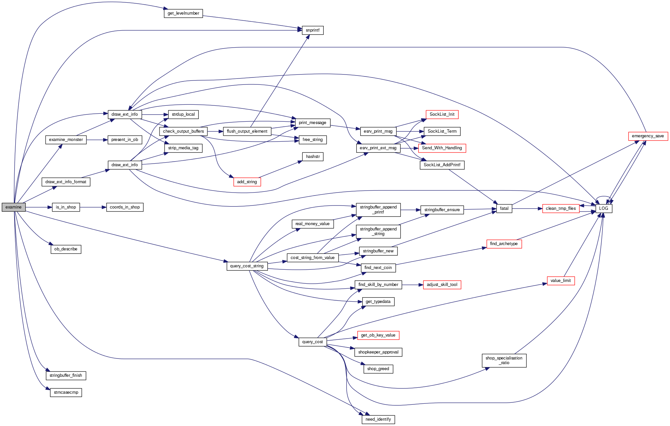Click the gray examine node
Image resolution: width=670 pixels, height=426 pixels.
pyautogui.click(x=13, y=207)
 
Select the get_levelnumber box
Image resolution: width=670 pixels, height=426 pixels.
pyautogui.click(x=183, y=13)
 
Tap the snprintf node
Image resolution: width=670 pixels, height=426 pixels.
pyautogui.click(x=312, y=30)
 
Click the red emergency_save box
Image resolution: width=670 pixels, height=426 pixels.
pyautogui.click(x=648, y=136)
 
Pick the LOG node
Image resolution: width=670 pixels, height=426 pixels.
pyautogui.click(x=604, y=209)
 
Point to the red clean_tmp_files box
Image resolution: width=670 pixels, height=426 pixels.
pyautogui.click(x=561, y=209)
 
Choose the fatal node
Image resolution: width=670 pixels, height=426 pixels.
pyautogui.click(x=504, y=209)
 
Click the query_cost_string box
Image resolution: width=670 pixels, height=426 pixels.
pyautogui.click(x=247, y=266)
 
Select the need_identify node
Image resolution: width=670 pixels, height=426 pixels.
pyautogui.click(x=378, y=419)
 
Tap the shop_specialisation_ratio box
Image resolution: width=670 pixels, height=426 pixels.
pyautogui.click(x=504, y=360)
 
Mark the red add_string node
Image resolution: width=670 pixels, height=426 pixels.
pyautogui.click(x=247, y=182)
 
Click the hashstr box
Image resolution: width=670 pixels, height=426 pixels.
pyautogui.click(x=313, y=157)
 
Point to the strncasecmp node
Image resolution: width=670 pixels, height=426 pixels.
pyautogui.click(x=66, y=392)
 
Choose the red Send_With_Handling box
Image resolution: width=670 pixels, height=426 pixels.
pyautogui.click(x=442, y=148)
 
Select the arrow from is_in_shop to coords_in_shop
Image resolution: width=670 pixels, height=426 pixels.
pyautogui.click(x=93, y=207)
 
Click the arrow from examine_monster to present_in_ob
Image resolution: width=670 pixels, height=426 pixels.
pyautogui.click(x=97, y=140)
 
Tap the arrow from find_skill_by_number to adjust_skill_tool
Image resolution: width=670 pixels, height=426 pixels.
pyautogui.click(x=412, y=285)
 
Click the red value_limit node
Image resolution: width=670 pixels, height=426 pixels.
pyautogui.click(x=561, y=281)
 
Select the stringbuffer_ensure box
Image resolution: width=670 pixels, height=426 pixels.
pyautogui.click(x=442, y=210)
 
